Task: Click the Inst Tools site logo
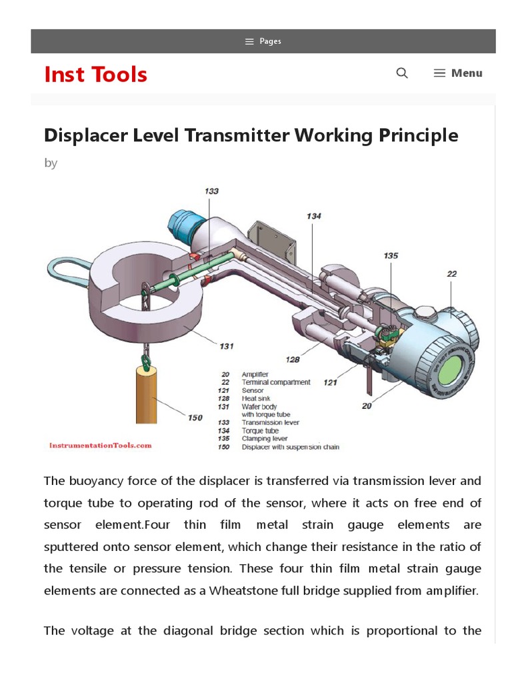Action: click(x=95, y=74)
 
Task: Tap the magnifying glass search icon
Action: click(x=402, y=73)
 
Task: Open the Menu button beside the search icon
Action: click(x=458, y=73)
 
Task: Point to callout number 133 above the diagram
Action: click(x=211, y=191)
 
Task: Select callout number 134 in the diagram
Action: click(x=313, y=216)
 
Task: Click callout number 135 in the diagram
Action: click(x=391, y=255)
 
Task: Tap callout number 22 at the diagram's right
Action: click(x=451, y=273)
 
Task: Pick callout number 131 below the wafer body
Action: click(x=227, y=346)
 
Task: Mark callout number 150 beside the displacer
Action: click(x=195, y=418)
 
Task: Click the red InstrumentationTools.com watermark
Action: click(x=101, y=445)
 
